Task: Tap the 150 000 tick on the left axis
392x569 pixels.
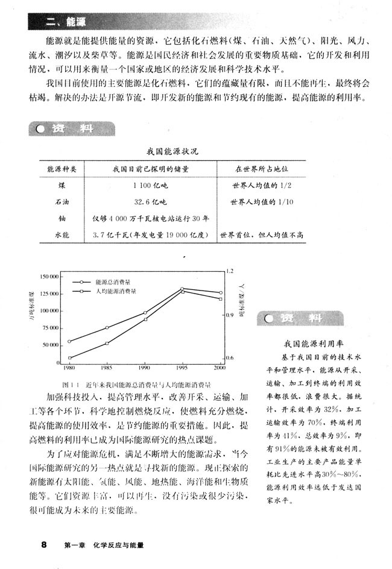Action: (x=48, y=276)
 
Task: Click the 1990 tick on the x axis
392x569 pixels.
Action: (x=145, y=366)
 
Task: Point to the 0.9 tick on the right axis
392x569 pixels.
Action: (x=230, y=315)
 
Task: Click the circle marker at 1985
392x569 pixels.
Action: (x=107, y=328)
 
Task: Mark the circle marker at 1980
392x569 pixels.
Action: (x=69, y=341)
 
